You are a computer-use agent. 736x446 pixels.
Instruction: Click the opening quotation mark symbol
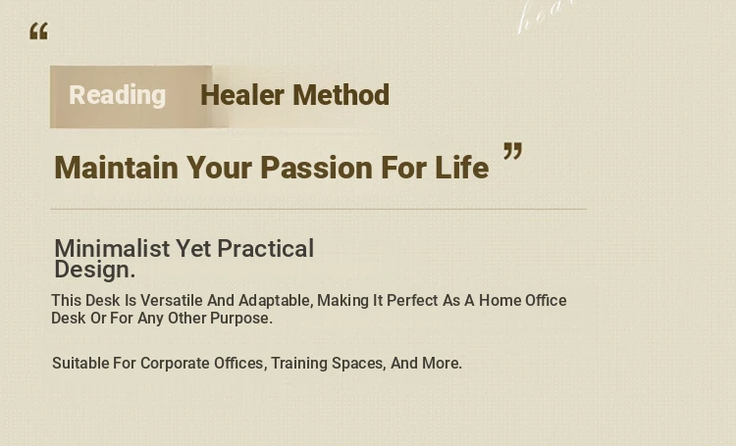pyautogui.click(x=39, y=31)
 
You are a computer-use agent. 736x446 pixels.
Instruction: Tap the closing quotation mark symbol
pyautogui.click(x=512, y=152)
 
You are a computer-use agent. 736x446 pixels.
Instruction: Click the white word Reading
pyautogui.click(x=118, y=95)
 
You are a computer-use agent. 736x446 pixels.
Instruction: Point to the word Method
pyautogui.click(x=342, y=95)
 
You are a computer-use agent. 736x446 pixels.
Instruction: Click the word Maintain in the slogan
pyautogui.click(x=117, y=168)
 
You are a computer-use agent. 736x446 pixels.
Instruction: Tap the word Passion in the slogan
pyautogui.click(x=316, y=168)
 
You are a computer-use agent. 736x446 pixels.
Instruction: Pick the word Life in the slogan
pyautogui.click(x=462, y=168)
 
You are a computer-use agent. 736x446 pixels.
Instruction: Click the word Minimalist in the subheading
pyautogui.click(x=112, y=248)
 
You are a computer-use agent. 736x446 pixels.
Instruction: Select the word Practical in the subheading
pyautogui.click(x=266, y=248)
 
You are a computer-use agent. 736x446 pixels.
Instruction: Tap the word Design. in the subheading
pyautogui.click(x=95, y=270)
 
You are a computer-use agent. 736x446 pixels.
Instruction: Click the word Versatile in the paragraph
pyautogui.click(x=172, y=300)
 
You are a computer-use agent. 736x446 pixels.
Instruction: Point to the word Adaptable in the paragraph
pyautogui.click(x=276, y=301)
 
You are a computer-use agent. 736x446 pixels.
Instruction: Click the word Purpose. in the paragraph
pyautogui.click(x=241, y=319)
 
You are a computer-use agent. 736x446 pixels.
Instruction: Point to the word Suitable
pyautogui.click(x=80, y=363)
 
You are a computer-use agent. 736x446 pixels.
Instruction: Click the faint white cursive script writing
pyautogui.click(x=547, y=17)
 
